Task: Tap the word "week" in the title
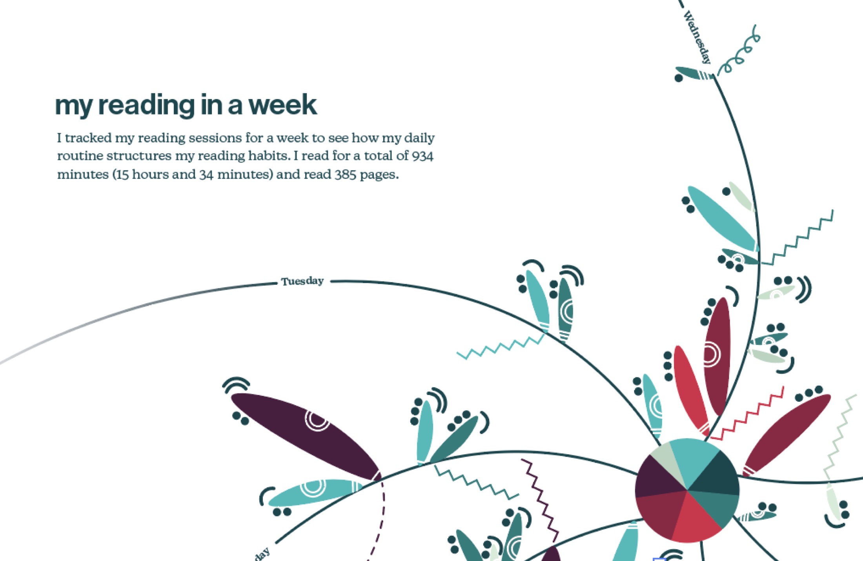[282, 105]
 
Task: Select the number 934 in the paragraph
[422, 156]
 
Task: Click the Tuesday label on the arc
[302, 281]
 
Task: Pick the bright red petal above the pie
[690, 388]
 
